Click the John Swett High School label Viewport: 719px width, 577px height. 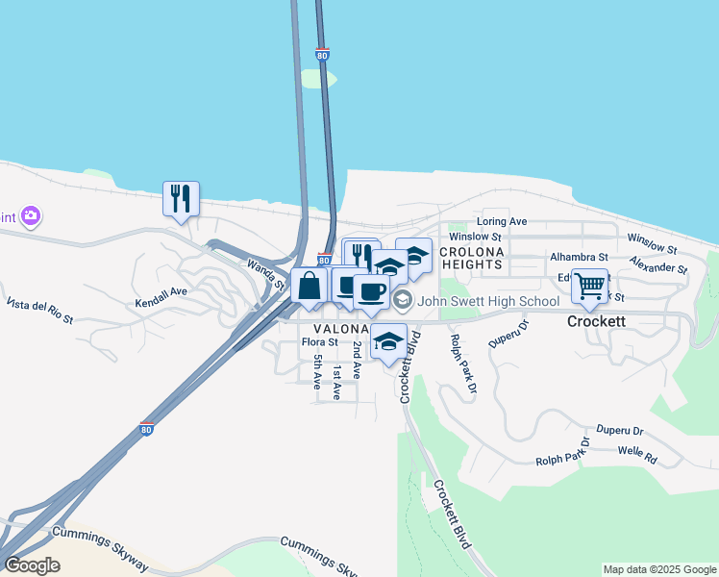coord(490,301)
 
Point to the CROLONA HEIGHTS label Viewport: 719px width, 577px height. coord(471,258)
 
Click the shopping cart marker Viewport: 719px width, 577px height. coord(589,285)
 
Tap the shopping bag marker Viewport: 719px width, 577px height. coord(309,286)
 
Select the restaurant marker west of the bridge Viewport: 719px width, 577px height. coord(181,199)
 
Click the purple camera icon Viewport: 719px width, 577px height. coord(31,216)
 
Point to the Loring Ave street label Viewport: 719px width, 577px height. coord(504,221)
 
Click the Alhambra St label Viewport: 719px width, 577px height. coord(579,258)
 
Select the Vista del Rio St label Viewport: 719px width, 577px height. coord(39,311)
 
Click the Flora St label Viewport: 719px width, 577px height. coord(319,341)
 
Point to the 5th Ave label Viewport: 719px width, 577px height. coord(318,370)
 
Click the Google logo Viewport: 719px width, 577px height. coord(32,565)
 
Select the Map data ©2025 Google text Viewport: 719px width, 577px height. coord(658,569)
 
